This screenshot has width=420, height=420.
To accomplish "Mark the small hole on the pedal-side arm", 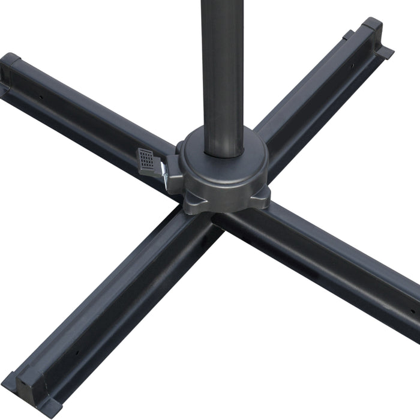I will tap(40, 95).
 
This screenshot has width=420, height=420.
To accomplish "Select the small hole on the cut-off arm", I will tap(412, 312).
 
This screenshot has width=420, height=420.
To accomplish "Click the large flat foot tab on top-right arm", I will tap(384, 50).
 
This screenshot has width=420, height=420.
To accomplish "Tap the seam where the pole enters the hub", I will tap(223, 155).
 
